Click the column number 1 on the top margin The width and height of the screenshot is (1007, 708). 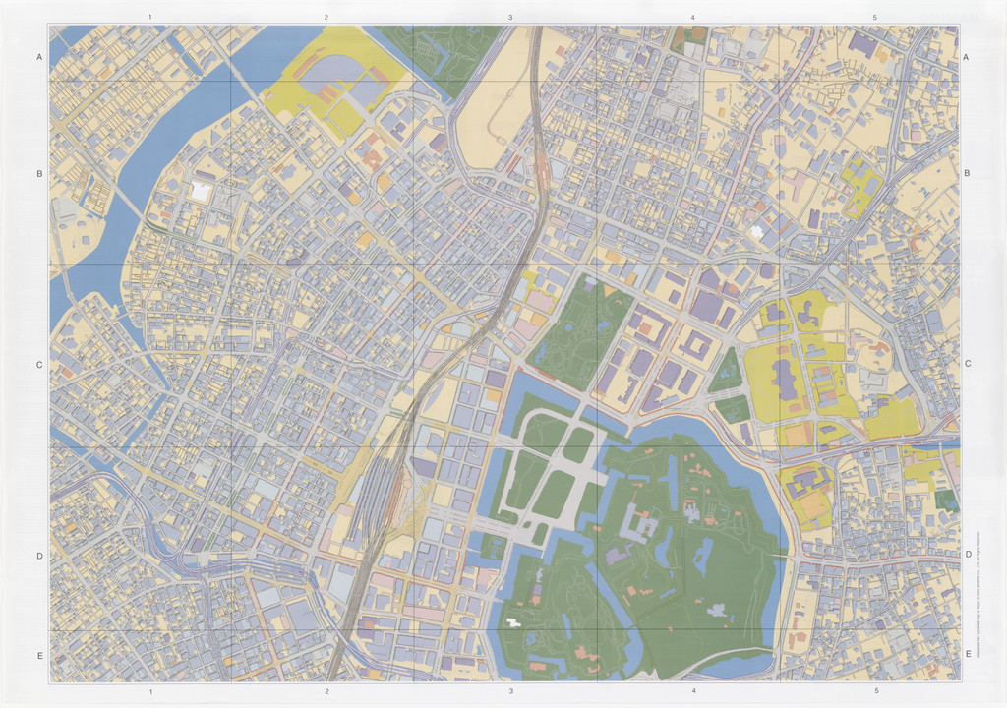(149, 18)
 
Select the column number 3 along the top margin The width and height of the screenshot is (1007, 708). (510, 18)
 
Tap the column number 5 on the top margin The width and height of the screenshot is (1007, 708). (874, 18)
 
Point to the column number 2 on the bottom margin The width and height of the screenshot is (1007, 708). (326, 692)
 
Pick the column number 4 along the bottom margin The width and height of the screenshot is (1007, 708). (693, 692)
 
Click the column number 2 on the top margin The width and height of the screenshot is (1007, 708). (326, 18)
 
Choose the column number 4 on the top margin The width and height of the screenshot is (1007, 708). (693, 18)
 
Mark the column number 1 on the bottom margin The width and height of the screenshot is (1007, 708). (149, 692)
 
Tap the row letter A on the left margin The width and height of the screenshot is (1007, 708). (39, 58)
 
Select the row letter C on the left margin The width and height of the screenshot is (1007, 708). (39, 365)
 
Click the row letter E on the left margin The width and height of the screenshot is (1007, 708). (39, 654)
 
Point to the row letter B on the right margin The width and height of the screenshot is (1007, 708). (968, 174)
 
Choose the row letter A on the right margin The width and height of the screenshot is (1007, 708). (968, 58)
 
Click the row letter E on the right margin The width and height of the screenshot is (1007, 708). (968, 654)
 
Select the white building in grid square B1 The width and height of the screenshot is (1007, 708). (200, 191)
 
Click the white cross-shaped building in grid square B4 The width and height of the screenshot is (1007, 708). (756, 232)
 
